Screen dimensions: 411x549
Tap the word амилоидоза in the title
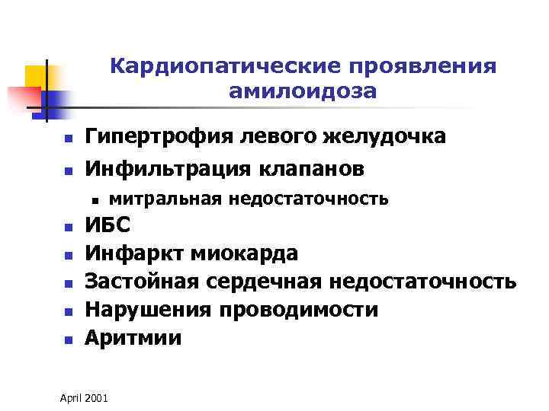point(302,91)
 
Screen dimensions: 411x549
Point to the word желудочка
point(380,138)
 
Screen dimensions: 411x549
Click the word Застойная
point(140,281)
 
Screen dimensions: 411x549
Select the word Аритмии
point(133,337)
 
